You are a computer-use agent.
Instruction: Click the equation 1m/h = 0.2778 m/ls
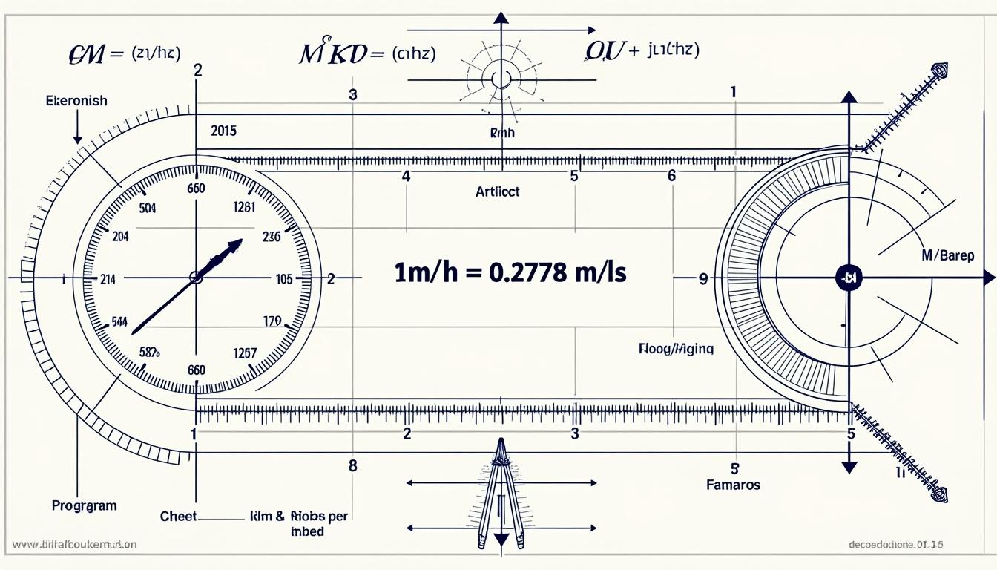coord(510,272)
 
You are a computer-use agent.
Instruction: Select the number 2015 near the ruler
coord(223,131)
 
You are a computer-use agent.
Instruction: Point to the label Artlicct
coord(497,191)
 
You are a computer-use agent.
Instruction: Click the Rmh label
coord(502,134)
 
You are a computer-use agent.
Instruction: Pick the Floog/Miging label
coord(676,348)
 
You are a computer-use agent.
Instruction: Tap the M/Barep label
coord(947,255)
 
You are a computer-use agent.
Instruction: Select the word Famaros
coord(734,485)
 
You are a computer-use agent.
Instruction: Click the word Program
coord(84,505)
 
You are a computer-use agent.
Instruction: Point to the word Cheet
coord(179,515)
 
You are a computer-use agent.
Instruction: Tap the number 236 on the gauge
coord(272,237)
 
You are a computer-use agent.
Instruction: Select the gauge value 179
coord(272,321)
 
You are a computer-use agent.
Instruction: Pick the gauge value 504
coord(148,209)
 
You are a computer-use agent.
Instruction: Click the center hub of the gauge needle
coord(196,278)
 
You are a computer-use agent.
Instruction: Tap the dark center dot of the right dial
coord(847,278)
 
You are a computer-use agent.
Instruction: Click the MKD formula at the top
coord(366,54)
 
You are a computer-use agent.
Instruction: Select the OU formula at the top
coord(642,50)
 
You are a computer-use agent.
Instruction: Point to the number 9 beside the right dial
coord(702,279)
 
